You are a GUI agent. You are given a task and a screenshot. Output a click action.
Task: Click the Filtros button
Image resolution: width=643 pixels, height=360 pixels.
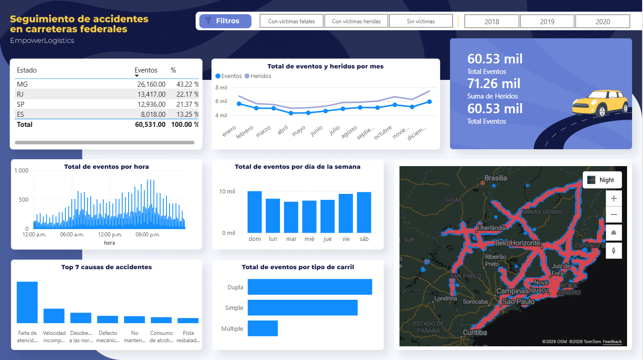point(225,21)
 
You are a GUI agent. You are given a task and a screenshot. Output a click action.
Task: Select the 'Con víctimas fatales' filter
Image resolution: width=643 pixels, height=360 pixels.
point(291,21)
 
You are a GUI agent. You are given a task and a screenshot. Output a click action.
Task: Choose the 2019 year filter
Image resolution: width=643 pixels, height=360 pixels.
point(547,21)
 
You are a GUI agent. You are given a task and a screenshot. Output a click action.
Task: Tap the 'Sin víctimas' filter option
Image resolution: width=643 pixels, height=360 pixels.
point(421,21)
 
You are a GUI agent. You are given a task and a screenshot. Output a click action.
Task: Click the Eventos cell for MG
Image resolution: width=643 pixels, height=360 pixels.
point(151,84)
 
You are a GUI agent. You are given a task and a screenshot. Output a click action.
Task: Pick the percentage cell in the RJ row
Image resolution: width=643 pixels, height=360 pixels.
point(185,94)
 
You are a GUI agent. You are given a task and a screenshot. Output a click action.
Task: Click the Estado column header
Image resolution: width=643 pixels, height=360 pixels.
point(27,70)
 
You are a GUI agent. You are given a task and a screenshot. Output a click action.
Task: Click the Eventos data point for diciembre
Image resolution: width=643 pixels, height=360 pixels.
point(429,102)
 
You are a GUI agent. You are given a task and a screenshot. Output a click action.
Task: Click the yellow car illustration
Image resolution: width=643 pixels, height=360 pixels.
point(600,103)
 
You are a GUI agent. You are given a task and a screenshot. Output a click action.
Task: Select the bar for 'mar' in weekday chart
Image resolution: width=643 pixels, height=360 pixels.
point(291,217)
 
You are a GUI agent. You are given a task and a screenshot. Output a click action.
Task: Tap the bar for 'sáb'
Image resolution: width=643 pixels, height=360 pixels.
point(364,213)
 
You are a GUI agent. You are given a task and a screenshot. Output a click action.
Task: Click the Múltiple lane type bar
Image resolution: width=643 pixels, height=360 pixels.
point(263,329)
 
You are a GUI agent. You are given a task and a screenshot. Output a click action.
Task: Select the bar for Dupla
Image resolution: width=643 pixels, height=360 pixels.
point(310,287)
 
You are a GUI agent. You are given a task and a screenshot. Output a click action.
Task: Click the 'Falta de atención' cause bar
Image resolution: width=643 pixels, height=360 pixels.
point(27,303)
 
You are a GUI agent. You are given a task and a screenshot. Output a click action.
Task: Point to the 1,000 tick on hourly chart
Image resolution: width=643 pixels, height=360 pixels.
point(21,171)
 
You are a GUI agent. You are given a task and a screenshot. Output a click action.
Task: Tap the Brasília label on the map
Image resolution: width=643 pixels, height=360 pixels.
point(495,178)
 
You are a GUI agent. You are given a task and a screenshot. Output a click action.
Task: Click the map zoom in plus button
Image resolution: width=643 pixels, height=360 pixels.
point(613,198)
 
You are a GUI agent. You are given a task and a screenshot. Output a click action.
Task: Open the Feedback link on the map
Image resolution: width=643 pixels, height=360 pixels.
point(612,342)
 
